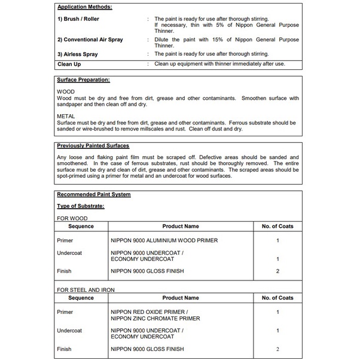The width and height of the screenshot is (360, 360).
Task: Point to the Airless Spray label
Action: (x=77, y=54)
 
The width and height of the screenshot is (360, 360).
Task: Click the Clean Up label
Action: (x=69, y=63)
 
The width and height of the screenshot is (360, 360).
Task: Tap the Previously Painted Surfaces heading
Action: (x=93, y=145)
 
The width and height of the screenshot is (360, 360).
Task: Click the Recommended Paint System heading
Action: (x=93, y=194)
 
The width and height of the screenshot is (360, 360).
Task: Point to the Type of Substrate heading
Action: (x=80, y=206)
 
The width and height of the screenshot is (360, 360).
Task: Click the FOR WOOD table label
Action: (x=72, y=218)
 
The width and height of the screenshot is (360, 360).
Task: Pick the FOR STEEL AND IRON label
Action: (x=86, y=290)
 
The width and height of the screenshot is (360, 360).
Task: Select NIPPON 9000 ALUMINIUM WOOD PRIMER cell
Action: (x=164, y=240)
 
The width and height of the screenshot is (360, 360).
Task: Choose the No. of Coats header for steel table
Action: (x=277, y=298)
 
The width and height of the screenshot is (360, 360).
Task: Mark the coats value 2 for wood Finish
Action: (x=278, y=271)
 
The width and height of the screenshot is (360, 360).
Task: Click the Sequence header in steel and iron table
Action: (x=81, y=298)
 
